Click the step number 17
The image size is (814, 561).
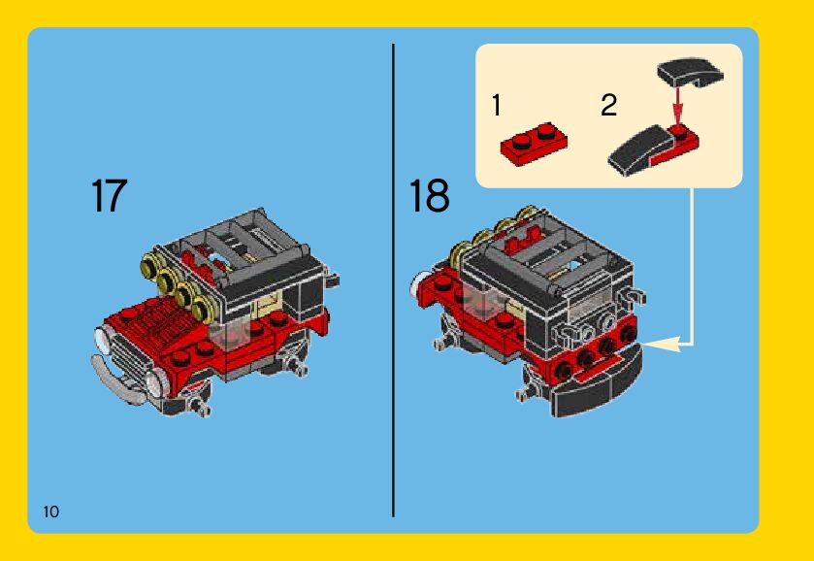coord(110,195)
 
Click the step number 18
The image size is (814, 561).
coord(430,195)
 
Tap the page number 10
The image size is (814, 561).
coord(51,511)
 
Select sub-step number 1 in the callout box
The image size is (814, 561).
coord(497,105)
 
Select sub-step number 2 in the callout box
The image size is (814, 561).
coord(609,105)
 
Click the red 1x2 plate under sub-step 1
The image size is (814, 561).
coord(534,144)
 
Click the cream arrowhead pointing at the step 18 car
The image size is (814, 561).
coord(662,344)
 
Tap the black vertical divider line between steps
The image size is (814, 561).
coord(394,280)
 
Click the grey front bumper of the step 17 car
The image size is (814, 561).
coord(115,380)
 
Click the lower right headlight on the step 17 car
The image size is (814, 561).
coord(156,385)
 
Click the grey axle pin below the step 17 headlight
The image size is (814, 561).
coord(199,405)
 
